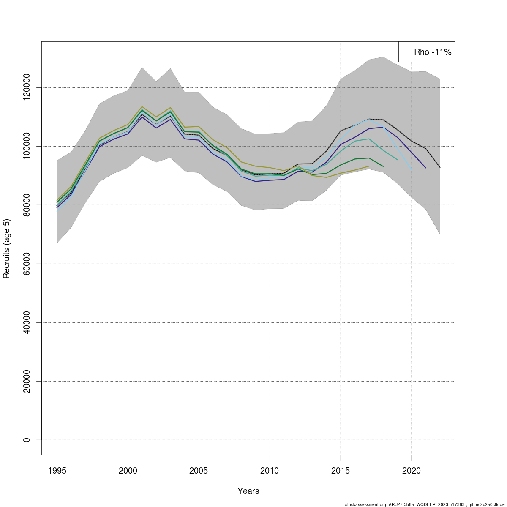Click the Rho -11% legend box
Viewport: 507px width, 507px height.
pos(427,52)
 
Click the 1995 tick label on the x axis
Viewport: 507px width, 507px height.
pos(57,471)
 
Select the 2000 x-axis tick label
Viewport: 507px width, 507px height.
pos(128,471)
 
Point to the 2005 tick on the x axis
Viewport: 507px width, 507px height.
pos(199,471)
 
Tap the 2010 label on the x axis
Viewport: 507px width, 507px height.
pos(270,471)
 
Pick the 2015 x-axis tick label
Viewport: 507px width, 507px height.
pos(341,471)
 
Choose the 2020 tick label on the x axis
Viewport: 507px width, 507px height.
pos(412,471)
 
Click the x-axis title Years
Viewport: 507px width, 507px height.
pos(248,491)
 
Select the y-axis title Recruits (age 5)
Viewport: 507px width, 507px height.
pos(6,248)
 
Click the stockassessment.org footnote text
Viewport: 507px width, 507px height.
pos(424,504)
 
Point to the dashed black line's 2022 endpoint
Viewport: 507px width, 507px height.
pos(440,168)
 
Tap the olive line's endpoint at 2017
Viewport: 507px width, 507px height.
pos(369,166)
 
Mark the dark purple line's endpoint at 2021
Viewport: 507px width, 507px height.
pos(426,168)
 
